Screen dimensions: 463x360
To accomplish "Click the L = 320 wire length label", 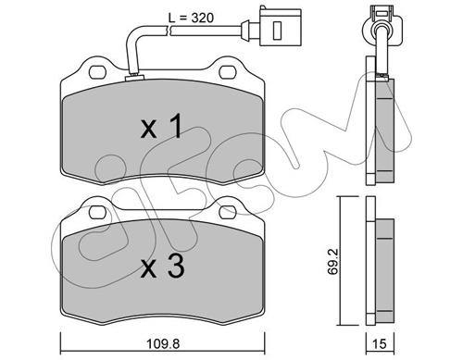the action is point(191,18).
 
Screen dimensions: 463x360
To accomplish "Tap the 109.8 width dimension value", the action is point(163,343).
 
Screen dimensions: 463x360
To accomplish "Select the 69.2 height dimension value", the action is point(332,261).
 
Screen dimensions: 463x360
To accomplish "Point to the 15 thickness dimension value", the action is point(380,343).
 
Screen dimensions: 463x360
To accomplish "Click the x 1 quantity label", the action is point(160,126).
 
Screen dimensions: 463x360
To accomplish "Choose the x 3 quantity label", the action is point(163,267).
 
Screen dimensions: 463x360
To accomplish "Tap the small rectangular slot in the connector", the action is point(277,31).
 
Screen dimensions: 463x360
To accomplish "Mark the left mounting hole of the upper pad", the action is point(97,72).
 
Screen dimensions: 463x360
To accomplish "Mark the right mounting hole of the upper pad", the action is point(228,72).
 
